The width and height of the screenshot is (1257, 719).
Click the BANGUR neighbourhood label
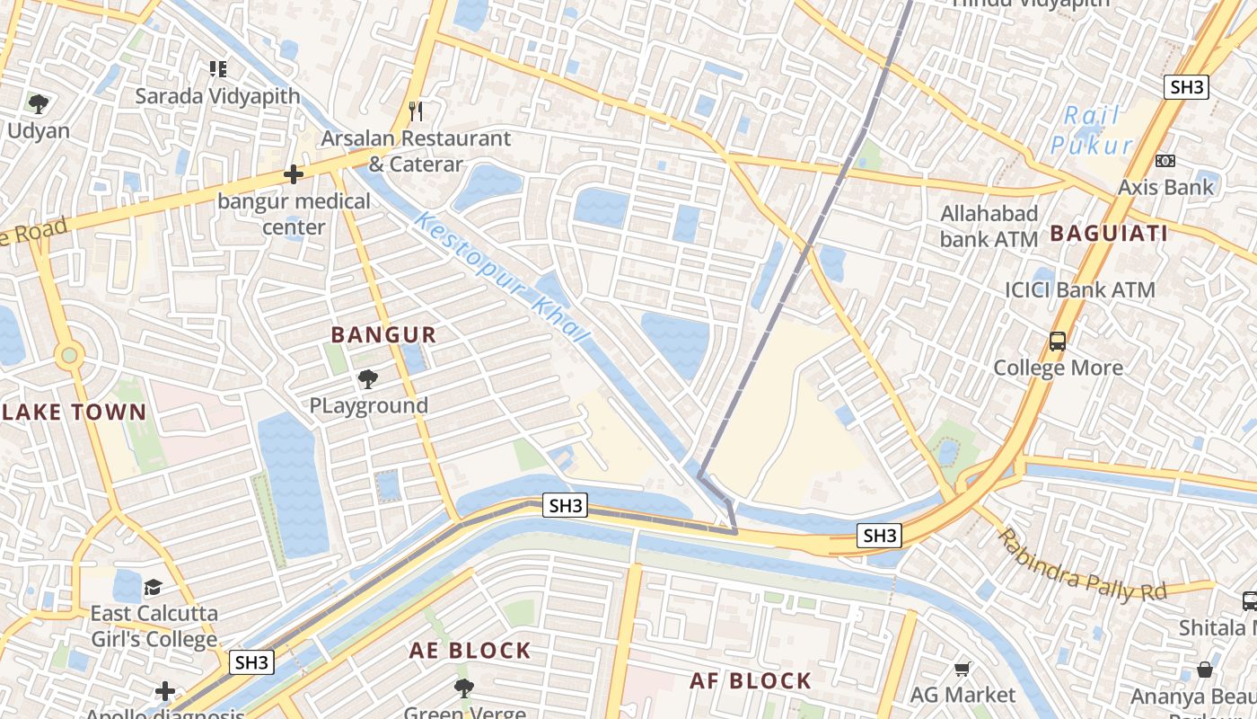click(383, 335)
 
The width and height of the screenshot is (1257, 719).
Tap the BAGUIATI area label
click(1109, 234)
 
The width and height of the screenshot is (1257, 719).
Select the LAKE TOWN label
click(73, 413)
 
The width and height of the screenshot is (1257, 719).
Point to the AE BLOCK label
click(470, 651)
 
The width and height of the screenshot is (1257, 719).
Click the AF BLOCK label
click(751, 681)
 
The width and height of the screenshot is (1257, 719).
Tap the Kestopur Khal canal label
click(502, 277)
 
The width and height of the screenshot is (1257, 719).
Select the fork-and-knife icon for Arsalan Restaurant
click(415, 111)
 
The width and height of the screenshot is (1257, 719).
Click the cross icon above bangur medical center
click(294, 174)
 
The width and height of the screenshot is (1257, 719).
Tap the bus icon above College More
click(1058, 342)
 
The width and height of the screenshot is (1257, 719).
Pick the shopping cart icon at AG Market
click(963, 669)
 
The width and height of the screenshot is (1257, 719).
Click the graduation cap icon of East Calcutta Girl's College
click(154, 588)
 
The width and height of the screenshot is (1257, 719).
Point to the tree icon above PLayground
click(368, 379)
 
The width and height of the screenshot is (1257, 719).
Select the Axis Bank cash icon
click(1165, 161)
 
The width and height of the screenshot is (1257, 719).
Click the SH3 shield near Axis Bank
click(1186, 87)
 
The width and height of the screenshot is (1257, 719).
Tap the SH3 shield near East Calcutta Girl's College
click(251, 662)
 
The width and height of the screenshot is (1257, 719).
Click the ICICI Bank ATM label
click(1079, 290)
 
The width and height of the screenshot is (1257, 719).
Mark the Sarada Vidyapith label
click(217, 95)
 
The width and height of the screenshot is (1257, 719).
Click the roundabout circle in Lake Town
click(69, 356)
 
